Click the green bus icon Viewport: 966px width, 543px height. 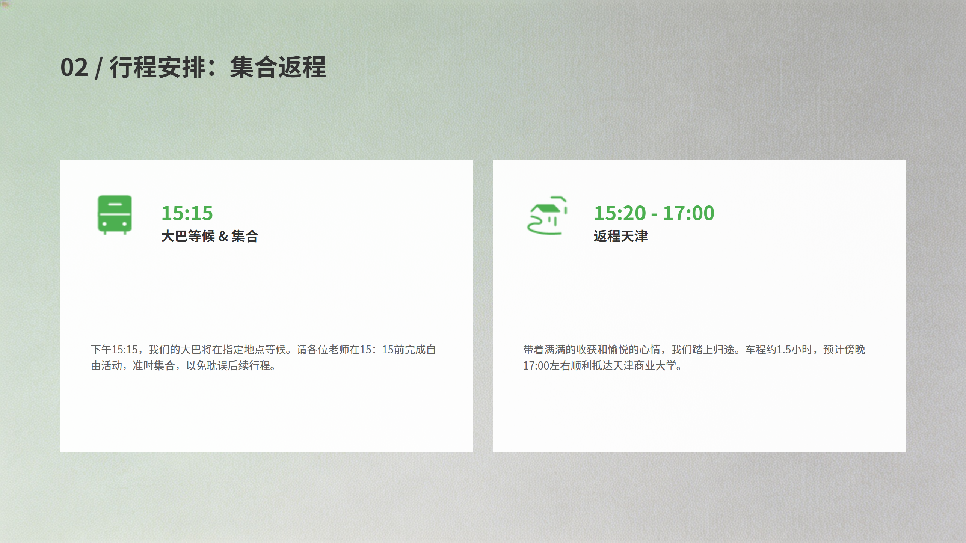(115, 215)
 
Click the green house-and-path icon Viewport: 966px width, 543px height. (547, 215)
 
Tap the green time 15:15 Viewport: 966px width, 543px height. (187, 213)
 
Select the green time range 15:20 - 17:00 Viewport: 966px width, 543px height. (654, 213)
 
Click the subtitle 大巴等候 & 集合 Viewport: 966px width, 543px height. (209, 236)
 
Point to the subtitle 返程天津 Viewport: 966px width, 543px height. (620, 236)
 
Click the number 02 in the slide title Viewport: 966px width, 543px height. (74, 67)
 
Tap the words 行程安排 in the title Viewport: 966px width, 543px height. (157, 67)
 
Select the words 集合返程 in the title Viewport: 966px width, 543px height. (278, 67)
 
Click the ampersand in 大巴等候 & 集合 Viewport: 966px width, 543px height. (223, 236)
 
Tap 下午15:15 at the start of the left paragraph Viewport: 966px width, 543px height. (114, 350)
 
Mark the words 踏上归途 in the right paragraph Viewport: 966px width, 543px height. (713, 350)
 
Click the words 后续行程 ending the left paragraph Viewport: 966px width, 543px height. (250, 366)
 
